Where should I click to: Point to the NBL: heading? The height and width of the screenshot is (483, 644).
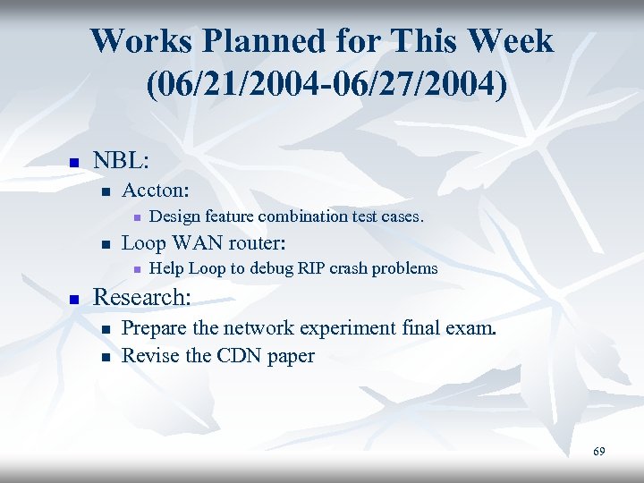(121, 162)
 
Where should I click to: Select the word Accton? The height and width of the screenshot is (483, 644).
(156, 190)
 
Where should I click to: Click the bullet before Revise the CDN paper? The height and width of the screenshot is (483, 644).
(106, 357)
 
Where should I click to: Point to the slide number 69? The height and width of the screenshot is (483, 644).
(598, 452)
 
